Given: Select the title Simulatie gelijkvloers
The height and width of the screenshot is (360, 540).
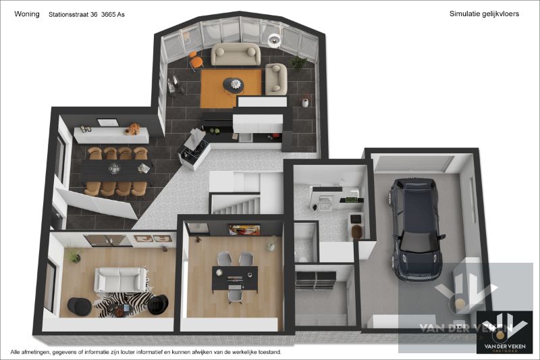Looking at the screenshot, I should click(x=484, y=14).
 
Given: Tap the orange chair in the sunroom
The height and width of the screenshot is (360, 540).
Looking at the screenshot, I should click(x=196, y=60).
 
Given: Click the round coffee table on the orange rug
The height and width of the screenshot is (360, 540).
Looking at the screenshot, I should click(x=236, y=84).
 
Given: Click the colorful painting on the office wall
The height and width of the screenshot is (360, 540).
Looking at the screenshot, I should click(x=244, y=230).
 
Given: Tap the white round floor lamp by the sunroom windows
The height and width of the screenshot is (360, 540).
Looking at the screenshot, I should click(x=274, y=38).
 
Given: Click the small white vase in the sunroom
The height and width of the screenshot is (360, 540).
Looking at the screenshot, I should click(x=305, y=103).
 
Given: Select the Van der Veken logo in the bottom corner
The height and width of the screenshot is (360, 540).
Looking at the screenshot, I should click(x=500, y=332).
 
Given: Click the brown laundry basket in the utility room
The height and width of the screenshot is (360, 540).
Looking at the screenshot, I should click(x=357, y=231).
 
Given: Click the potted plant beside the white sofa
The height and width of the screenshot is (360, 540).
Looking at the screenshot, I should click(x=73, y=255).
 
